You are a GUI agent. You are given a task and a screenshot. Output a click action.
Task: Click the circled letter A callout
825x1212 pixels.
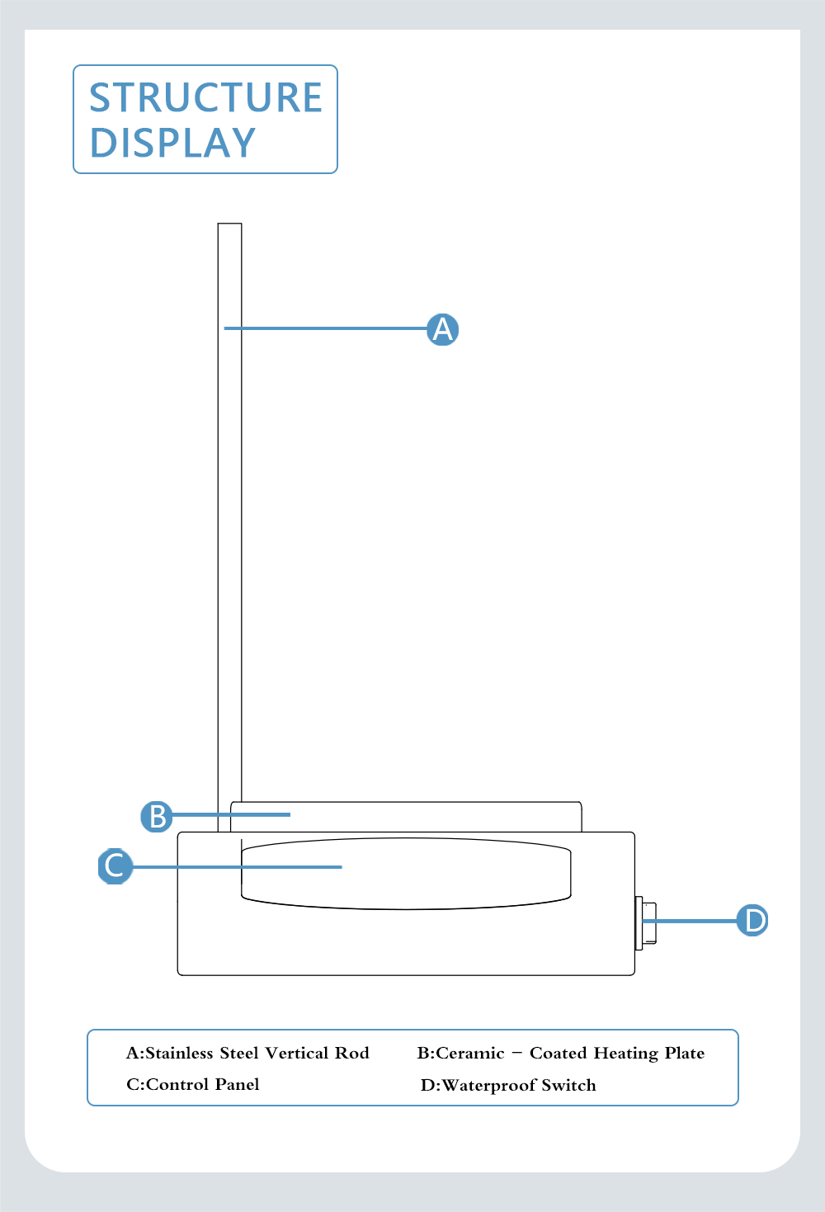[x=442, y=329]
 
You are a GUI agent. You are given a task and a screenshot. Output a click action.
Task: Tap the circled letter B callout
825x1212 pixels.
[x=157, y=817]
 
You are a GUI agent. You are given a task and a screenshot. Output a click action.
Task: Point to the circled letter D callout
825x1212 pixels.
[x=752, y=921]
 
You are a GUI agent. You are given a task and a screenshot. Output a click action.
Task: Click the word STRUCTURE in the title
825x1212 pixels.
[x=205, y=97]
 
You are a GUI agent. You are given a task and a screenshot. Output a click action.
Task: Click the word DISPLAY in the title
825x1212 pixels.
[x=172, y=143]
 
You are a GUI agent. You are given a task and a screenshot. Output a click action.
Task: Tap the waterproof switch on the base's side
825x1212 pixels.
[x=645, y=923]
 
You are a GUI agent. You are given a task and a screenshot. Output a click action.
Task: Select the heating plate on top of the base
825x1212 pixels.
[x=406, y=817]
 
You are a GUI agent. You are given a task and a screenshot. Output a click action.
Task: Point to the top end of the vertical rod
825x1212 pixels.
[x=230, y=224]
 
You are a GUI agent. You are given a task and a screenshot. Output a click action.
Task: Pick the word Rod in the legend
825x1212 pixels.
[x=351, y=1053]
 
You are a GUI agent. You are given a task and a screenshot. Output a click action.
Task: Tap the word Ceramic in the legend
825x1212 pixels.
[x=469, y=1053]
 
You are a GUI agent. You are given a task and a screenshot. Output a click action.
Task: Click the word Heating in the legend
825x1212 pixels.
[x=625, y=1054]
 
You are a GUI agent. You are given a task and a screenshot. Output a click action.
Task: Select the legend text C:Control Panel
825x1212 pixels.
[x=192, y=1084]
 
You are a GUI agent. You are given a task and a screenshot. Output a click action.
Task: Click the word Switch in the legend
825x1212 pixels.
[x=568, y=1085]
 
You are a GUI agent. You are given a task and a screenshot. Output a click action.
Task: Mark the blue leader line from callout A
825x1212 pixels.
[x=326, y=328]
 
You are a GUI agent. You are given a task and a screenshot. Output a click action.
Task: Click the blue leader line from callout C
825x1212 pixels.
[x=237, y=867]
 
